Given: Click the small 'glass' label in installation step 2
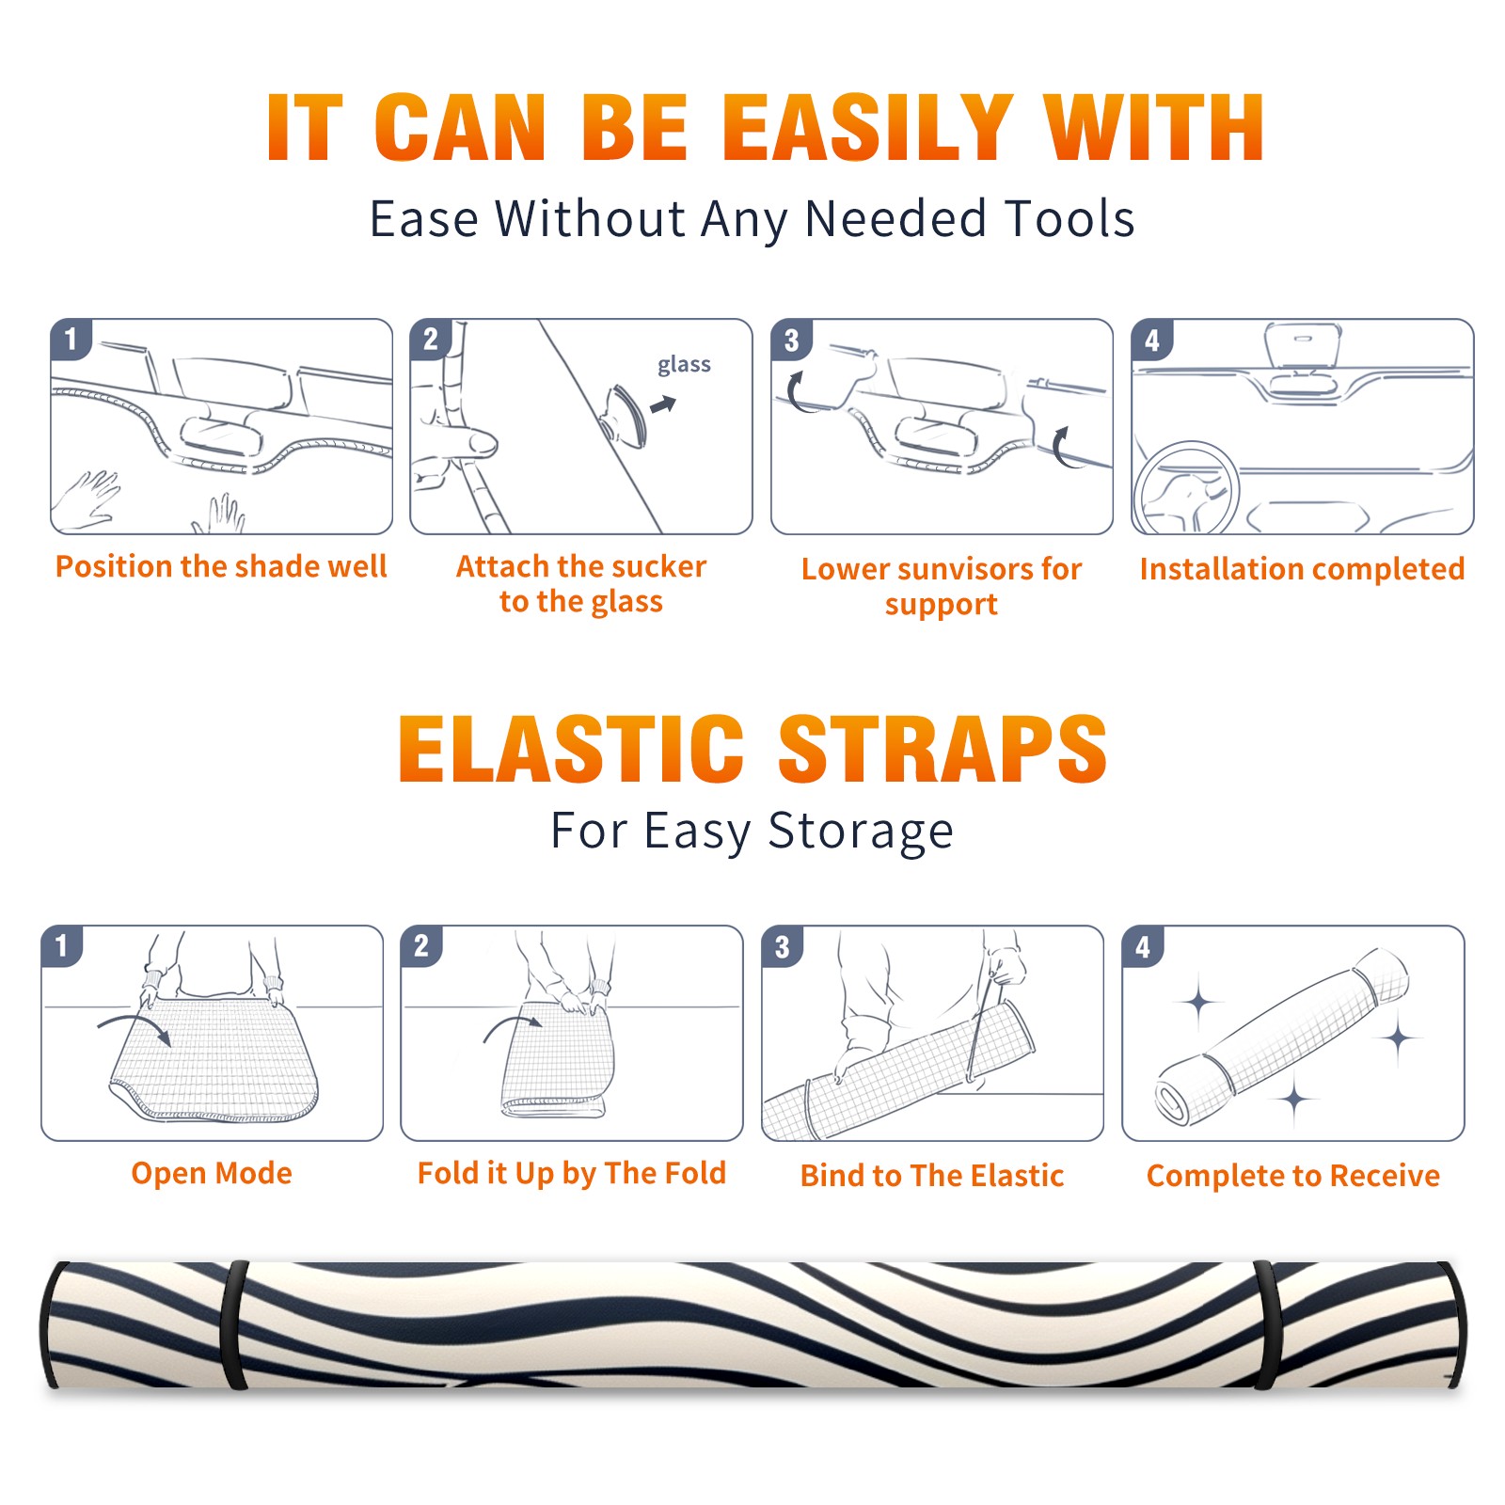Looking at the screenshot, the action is (x=684, y=365).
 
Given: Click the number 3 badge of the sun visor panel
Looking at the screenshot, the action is (x=791, y=340).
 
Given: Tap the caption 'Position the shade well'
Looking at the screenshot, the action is (x=221, y=566).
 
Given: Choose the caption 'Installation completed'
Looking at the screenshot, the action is (x=1302, y=568).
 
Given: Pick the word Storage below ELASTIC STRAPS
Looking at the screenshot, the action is (x=861, y=832).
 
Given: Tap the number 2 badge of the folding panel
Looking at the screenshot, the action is (x=421, y=946).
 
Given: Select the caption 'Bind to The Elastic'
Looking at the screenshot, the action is (x=931, y=1175).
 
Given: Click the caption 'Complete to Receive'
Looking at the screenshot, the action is (x=1293, y=1175).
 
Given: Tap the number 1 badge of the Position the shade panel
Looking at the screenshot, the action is (x=71, y=339).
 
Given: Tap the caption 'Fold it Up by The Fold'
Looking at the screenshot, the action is (x=572, y=1173).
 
